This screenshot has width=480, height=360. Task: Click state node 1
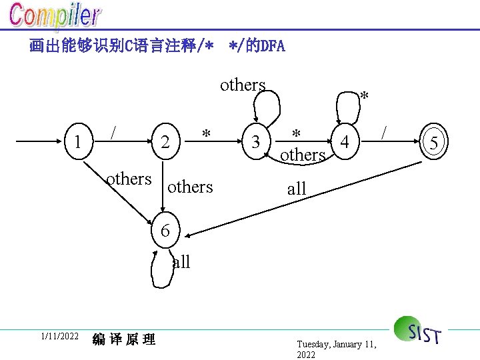[79, 141]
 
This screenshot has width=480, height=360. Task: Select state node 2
[165, 141]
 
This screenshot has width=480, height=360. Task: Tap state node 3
[255, 141]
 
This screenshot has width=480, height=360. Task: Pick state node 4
[344, 141]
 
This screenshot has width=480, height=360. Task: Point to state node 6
[165, 231]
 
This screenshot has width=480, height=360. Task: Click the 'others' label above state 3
[243, 85]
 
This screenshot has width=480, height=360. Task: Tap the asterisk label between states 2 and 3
[207, 134]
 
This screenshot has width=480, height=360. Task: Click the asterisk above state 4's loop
[364, 97]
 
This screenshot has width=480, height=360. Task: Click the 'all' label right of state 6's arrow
[297, 189]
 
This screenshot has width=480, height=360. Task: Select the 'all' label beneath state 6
[181, 262]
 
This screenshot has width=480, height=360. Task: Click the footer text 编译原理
[124, 339]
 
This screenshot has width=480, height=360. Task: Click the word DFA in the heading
[272, 46]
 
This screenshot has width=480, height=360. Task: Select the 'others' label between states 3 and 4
[303, 155]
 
